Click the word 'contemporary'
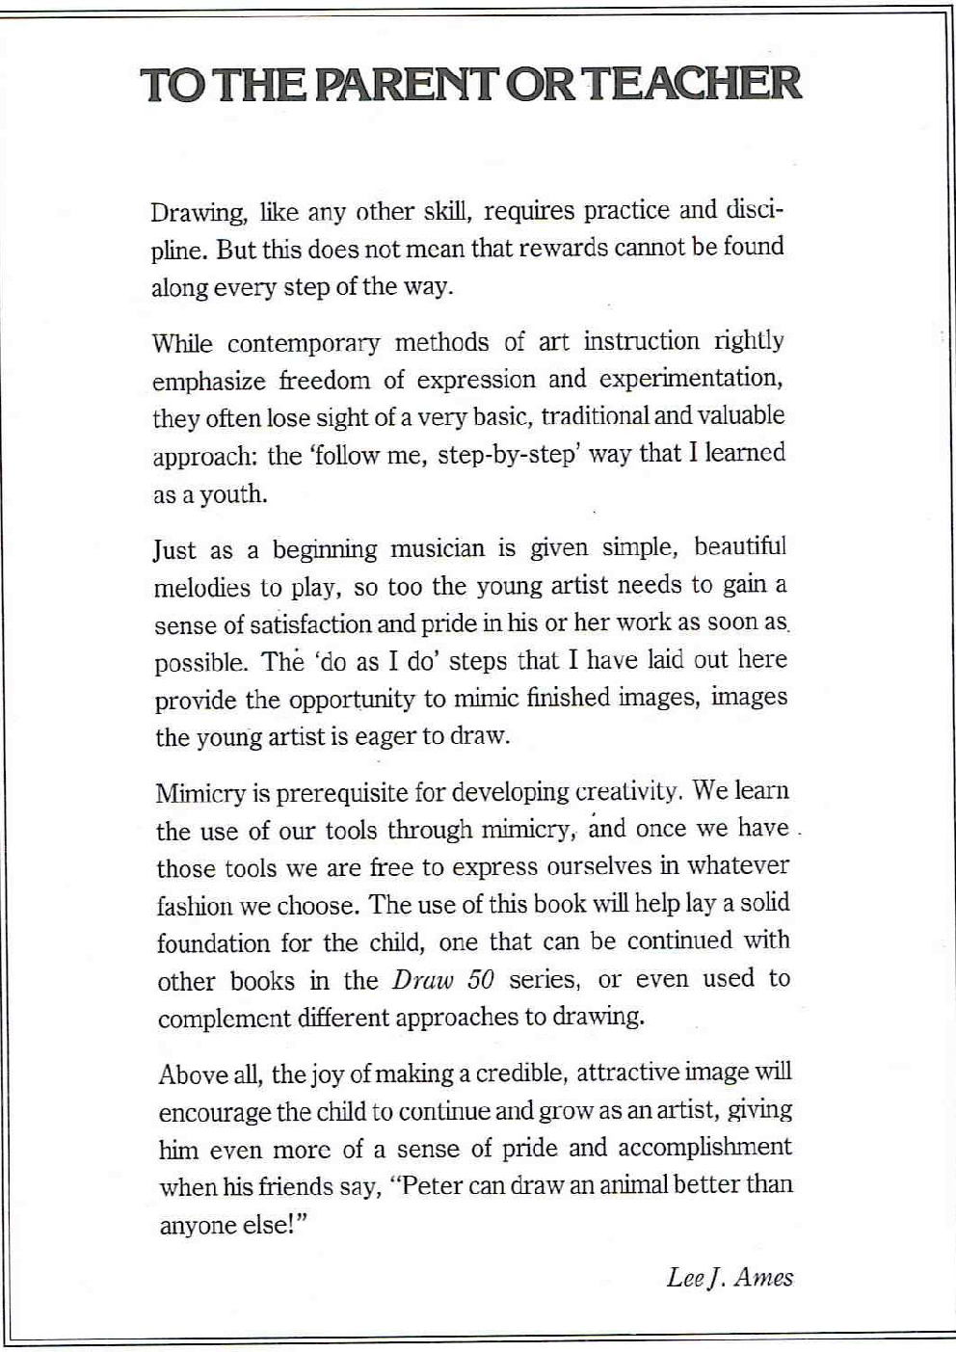click(x=304, y=343)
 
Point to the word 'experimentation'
click(x=690, y=379)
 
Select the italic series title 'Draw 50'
click(x=443, y=980)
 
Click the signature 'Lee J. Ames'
click(x=730, y=1278)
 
